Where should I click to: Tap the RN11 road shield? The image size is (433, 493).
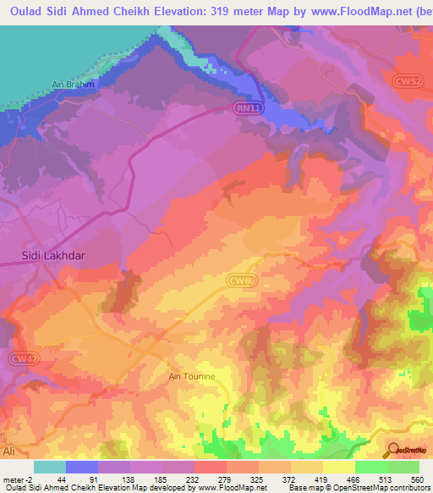[244, 108]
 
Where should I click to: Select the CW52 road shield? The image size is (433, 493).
[408, 81]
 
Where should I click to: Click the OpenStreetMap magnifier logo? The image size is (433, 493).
[395, 451]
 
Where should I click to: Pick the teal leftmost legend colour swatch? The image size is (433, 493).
[50, 468]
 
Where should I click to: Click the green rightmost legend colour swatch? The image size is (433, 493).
[403, 468]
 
